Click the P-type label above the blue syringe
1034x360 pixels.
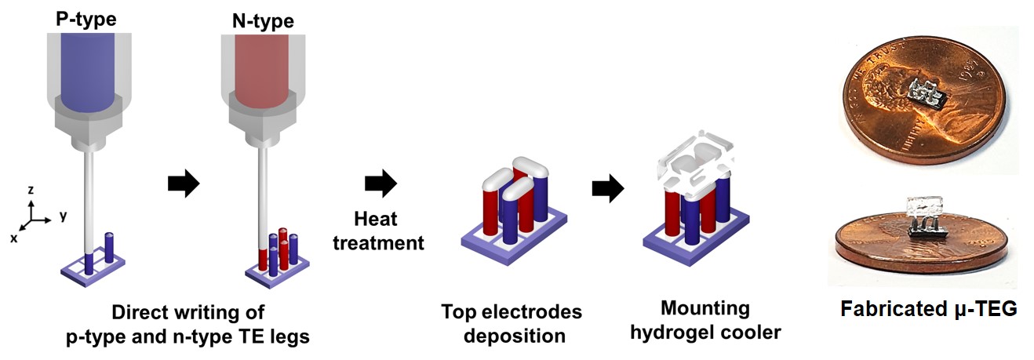coord(86,17)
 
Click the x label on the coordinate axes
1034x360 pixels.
coord(13,238)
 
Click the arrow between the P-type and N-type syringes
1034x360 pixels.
coord(184,185)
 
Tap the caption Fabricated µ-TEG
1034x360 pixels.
coord(928,309)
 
